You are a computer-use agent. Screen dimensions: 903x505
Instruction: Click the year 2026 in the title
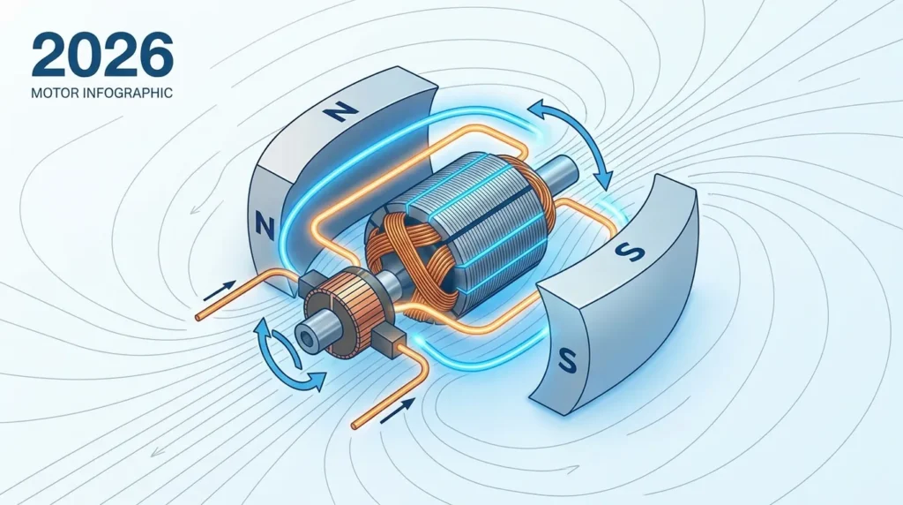pyautogui.click(x=102, y=54)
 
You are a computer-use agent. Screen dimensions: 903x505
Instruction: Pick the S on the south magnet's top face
pyautogui.click(x=630, y=251)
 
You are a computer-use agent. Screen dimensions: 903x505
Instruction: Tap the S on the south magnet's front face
pyautogui.click(x=567, y=362)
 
